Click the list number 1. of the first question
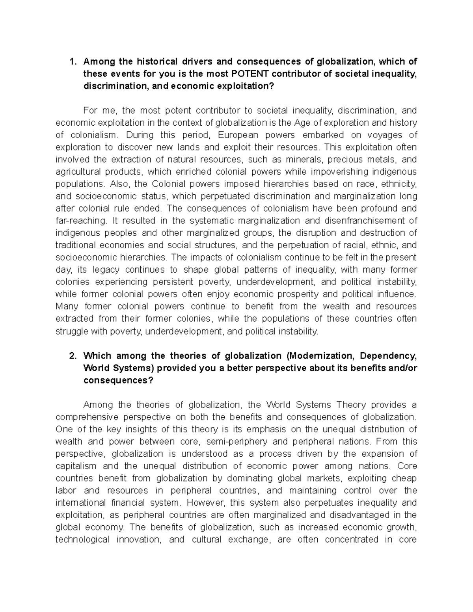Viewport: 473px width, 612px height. [x=72, y=61]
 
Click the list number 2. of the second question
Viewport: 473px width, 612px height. [x=72, y=356]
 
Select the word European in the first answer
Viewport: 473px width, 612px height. [x=238, y=135]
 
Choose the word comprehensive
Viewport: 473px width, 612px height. [x=85, y=417]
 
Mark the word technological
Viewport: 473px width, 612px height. [x=82, y=539]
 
